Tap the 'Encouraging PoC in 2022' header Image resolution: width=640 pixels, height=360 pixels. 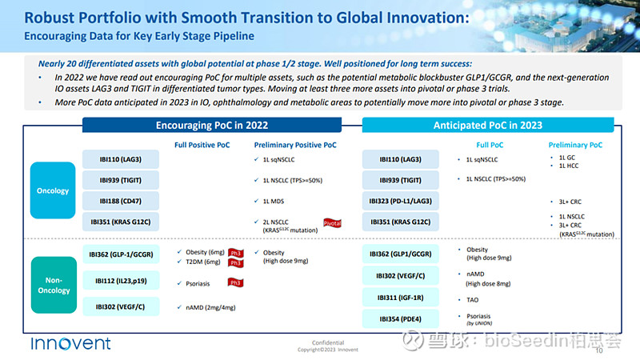211,126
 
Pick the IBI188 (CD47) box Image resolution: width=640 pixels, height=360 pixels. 121,200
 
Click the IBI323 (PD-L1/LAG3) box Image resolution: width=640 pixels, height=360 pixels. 402,200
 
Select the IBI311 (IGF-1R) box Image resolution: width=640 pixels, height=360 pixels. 402,298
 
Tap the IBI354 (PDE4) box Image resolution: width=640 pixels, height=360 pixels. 402,319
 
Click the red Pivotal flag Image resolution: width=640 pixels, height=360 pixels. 332,223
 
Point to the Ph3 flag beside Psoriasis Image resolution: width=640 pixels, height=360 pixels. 234,282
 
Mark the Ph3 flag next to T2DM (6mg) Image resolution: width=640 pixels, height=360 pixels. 235,262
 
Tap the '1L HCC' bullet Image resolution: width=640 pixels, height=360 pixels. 570,166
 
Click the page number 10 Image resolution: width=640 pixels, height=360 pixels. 599,350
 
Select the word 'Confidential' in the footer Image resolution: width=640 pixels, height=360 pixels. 327,342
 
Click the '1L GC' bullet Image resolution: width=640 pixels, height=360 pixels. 568,158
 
